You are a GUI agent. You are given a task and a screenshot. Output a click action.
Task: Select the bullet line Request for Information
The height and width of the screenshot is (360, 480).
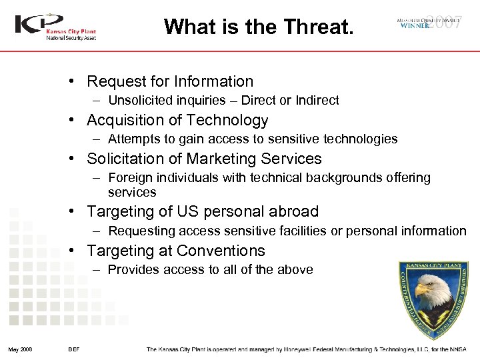coord(170,81)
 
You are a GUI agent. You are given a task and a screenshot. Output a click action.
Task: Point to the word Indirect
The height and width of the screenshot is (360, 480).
coord(317,101)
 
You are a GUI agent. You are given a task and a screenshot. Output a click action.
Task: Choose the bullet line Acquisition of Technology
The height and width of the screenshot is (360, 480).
coord(177,120)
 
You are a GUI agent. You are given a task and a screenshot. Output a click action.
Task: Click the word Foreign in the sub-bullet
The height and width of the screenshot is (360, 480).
coord(128,178)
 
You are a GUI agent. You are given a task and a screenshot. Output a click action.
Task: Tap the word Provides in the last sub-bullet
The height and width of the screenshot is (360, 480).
coord(132,270)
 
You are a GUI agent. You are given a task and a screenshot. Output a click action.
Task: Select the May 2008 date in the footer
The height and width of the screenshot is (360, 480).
coord(21,350)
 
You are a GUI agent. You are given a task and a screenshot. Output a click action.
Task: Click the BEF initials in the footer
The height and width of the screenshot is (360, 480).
coord(74,350)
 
